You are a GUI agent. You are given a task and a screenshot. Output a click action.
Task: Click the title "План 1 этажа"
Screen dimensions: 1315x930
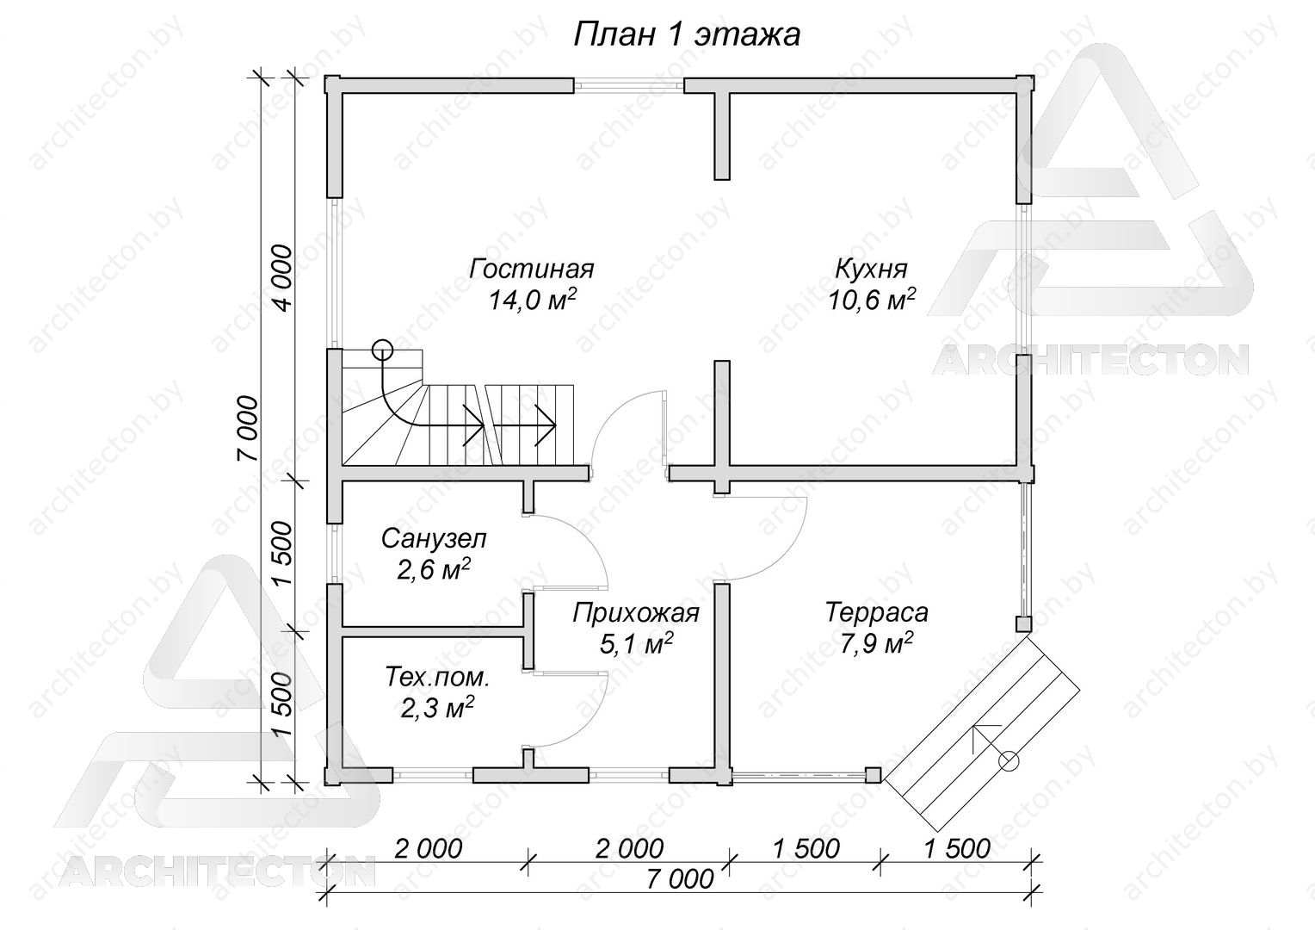[686, 35]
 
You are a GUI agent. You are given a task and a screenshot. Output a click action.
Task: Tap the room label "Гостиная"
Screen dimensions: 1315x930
[532, 270]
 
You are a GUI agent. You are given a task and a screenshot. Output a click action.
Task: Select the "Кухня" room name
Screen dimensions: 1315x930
[871, 270]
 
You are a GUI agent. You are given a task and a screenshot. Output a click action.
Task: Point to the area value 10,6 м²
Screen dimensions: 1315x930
[871, 301]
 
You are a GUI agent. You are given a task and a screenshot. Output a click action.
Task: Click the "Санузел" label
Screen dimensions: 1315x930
[434, 539]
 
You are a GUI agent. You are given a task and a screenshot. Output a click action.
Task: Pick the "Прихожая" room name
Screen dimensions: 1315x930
[636, 613]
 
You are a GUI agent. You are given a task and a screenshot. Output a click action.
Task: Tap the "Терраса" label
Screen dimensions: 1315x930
[876, 612]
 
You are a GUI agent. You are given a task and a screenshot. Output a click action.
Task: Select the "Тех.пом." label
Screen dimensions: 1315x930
[437, 678]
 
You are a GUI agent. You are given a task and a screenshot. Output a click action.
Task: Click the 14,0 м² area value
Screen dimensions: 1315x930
[532, 301]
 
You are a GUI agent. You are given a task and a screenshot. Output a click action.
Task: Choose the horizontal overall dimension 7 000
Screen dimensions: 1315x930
[681, 879]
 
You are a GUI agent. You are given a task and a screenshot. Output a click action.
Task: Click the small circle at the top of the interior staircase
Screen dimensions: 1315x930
[382, 350]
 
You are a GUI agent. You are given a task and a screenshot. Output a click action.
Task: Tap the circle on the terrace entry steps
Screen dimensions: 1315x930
[1009, 761]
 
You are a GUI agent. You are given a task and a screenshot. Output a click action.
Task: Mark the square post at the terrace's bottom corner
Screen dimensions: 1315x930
[874, 776]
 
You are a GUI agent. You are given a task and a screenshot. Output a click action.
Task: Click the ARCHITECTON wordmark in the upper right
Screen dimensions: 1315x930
[1090, 360]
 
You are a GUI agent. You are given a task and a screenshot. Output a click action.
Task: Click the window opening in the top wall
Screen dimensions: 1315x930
[629, 86]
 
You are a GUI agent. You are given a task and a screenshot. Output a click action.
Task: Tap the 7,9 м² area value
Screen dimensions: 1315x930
[876, 644]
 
